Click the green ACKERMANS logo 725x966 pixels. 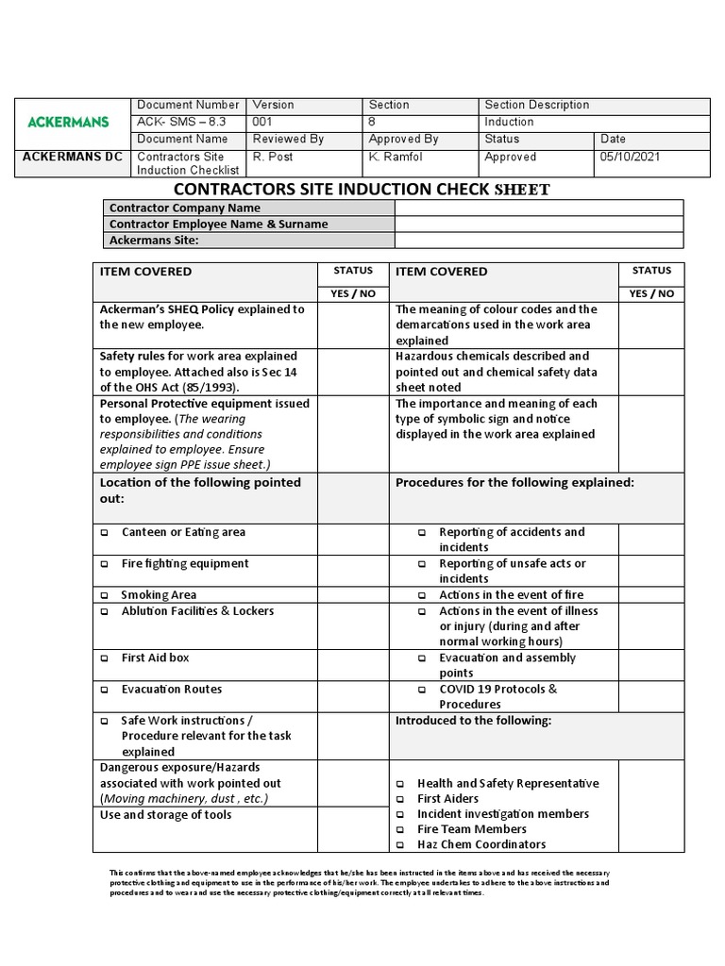(x=68, y=123)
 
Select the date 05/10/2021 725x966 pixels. (x=626, y=157)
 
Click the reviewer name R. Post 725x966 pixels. (x=274, y=157)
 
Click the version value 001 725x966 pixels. (x=263, y=122)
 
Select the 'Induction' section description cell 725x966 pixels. (x=509, y=122)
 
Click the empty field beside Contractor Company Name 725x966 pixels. (x=538, y=208)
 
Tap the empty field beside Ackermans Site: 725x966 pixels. (x=538, y=241)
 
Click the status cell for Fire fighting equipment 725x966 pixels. (x=353, y=570)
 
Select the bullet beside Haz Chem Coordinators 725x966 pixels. (x=400, y=845)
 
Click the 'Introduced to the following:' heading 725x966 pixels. (x=473, y=721)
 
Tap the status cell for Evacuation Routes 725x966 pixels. (x=353, y=696)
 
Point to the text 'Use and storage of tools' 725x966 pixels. (x=165, y=815)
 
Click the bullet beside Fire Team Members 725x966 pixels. (x=400, y=830)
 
